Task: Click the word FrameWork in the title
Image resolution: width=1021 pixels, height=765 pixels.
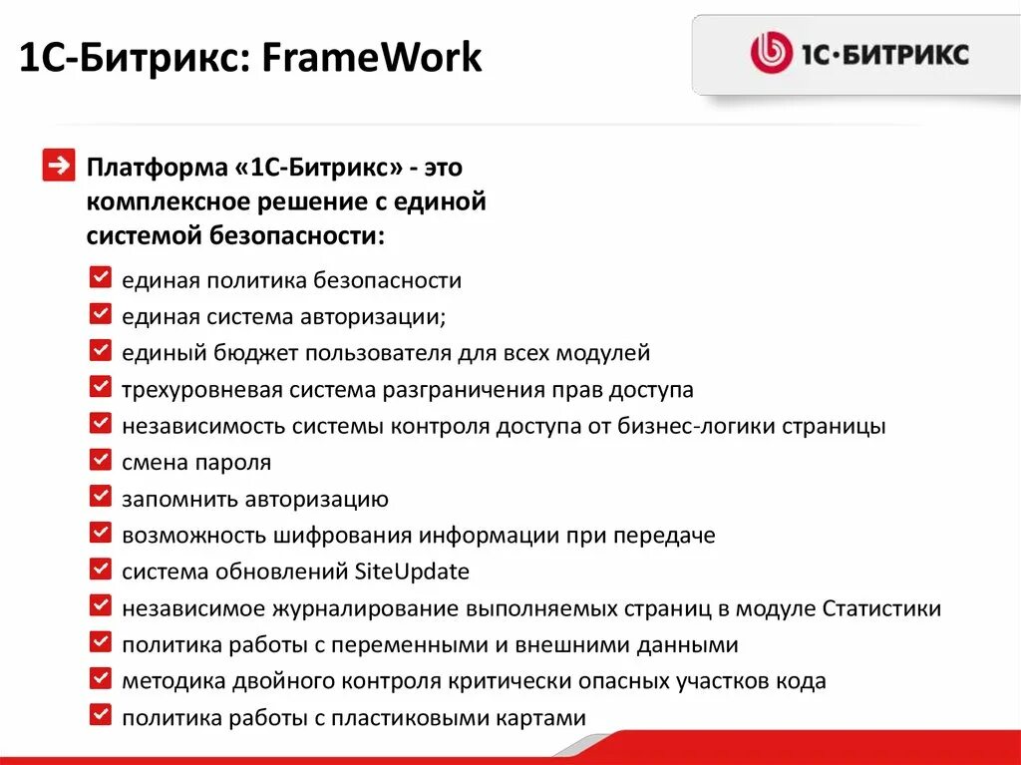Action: point(373,60)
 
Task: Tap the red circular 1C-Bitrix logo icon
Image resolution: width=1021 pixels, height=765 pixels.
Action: point(771,53)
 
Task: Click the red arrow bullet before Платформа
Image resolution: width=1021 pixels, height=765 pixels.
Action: point(59,166)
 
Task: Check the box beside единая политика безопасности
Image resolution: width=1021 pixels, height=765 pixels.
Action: point(100,278)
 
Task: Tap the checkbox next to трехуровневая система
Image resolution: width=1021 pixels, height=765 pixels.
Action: point(100,387)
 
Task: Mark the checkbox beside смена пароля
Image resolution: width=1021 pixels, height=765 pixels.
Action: point(100,460)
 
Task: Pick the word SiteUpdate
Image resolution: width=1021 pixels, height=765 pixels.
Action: point(412,572)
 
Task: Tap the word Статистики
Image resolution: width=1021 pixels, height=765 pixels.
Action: point(881,608)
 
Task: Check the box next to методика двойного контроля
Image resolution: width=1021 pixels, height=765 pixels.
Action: point(100,678)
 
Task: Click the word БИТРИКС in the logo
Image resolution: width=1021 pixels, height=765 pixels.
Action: point(902,54)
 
